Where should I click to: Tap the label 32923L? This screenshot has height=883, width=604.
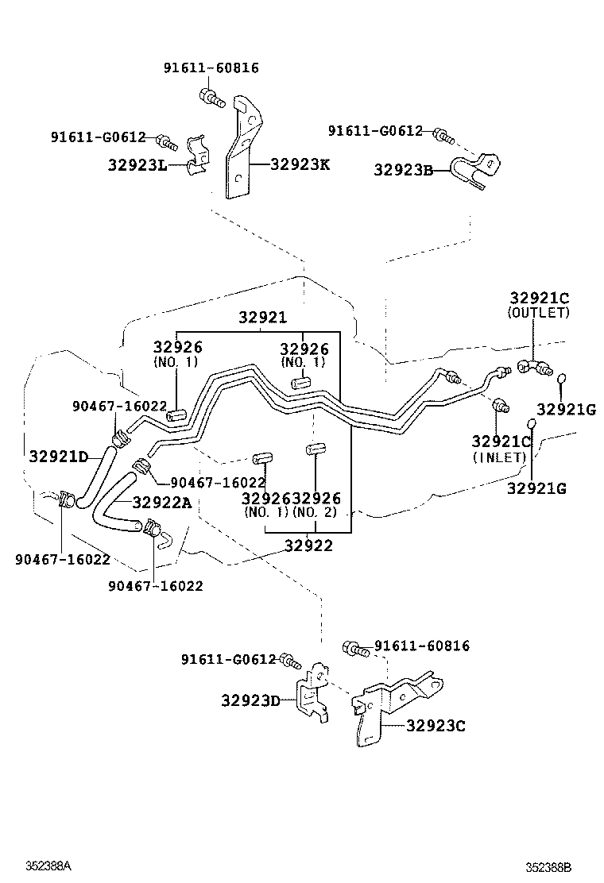click(137, 165)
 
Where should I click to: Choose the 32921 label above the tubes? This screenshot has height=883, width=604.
click(262, 318)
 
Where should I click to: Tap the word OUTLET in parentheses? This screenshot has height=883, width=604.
click(540, 313)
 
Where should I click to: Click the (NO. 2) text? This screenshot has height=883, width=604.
click(315, 513)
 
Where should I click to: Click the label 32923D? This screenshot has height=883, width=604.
click(251, 700)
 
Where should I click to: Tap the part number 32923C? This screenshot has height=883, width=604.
click(436, 725)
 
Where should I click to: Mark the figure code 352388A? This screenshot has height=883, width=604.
click(48, 865)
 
